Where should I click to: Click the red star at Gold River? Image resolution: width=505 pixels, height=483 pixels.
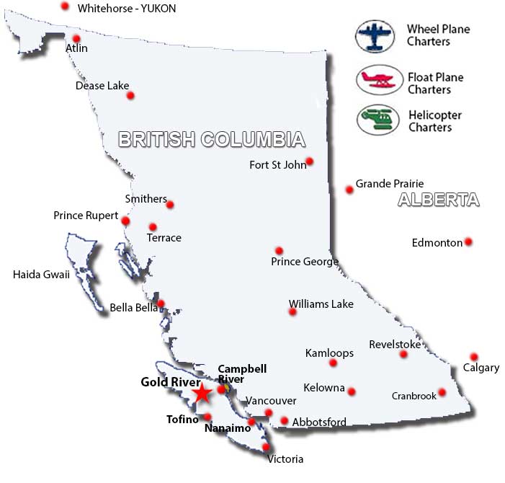pos(202,393)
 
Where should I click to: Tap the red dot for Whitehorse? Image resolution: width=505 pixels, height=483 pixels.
pos(65,6)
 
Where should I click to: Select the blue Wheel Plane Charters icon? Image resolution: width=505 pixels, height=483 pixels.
pos(376,36)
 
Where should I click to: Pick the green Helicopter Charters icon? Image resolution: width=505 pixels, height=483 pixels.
pos(377,118)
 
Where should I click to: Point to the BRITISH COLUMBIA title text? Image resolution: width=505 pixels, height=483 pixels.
pos(211,139)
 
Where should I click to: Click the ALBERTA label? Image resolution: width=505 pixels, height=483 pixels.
pos(438,200)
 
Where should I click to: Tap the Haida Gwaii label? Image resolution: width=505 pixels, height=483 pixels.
pos(41,274)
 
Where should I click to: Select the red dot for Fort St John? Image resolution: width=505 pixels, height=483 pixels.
pos(310,161)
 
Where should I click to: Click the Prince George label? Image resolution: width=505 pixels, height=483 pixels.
pos(305,262)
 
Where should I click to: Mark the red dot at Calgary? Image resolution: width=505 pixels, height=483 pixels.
pos(473,357)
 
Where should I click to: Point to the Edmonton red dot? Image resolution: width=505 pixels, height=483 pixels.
pos(468,241)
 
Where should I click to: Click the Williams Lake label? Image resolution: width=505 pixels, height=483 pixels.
pos(321,304)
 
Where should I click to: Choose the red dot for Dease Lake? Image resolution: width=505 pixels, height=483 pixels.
pos(130,95)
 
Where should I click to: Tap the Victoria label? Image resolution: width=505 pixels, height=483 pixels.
pos(285,459)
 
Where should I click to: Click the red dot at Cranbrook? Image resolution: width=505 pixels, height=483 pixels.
pos(442,393)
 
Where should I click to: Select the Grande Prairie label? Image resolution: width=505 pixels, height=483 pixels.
pos(390,184)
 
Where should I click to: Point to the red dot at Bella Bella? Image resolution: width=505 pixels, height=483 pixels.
pos(161,303)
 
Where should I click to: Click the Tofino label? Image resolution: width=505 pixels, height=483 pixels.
pos(182,420)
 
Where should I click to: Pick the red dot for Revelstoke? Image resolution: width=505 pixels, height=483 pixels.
pos(403,354)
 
